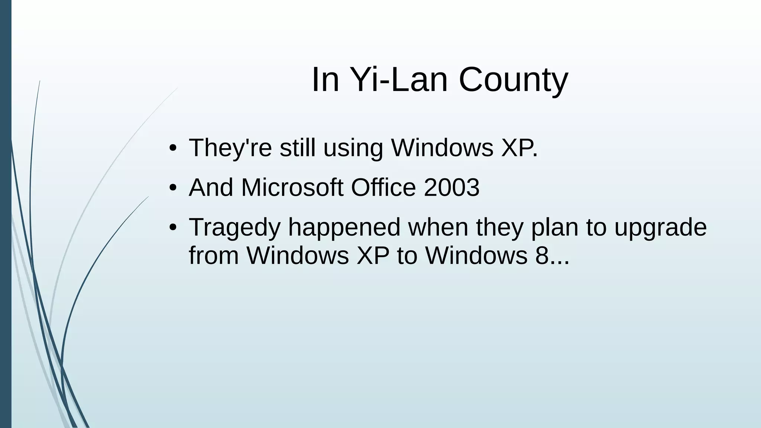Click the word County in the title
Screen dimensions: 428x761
coord(514,80)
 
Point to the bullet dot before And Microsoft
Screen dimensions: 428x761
coord(172,188)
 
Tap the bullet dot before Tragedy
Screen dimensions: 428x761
coord(172,228)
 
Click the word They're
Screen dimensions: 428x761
coord(230,148)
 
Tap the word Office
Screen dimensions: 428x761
coord(383,188)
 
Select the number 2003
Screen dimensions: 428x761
coord(451,188)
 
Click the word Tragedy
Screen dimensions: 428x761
coord(234,228)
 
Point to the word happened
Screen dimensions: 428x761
coord(344,228)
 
